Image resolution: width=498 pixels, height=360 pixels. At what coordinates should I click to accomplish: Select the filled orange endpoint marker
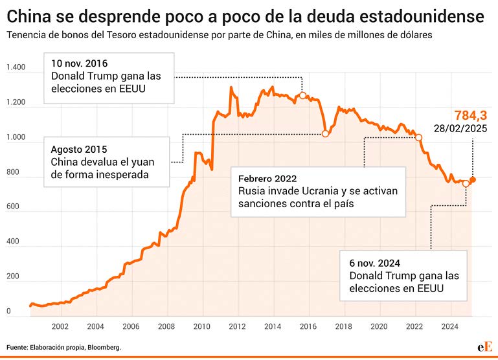[x=473, y=180]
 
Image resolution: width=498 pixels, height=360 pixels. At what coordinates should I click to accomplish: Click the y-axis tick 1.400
[x=16, y=67]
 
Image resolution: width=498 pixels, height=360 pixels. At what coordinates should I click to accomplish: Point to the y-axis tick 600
[x=13, y=207]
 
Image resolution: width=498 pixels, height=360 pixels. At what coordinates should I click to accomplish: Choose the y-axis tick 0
[x=8, y=311]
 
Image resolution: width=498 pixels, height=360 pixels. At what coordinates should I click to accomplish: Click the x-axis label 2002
[x=60, y=326]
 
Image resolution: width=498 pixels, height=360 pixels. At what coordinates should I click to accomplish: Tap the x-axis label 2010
[x=201, y=326]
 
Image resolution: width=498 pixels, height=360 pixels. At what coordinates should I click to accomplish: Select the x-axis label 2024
[x=449, y=326]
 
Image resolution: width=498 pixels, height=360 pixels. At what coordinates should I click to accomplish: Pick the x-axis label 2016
[x=308, y=326]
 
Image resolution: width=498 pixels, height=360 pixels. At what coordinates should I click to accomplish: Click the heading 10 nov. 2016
[x=80, y=63]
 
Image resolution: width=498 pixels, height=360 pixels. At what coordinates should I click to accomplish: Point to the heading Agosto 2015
[x=79, y=148]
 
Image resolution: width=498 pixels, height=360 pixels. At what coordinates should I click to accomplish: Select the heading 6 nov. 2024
[x=374, y=263]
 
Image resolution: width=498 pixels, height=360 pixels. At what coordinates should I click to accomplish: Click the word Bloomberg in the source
[x=104, y=348]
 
